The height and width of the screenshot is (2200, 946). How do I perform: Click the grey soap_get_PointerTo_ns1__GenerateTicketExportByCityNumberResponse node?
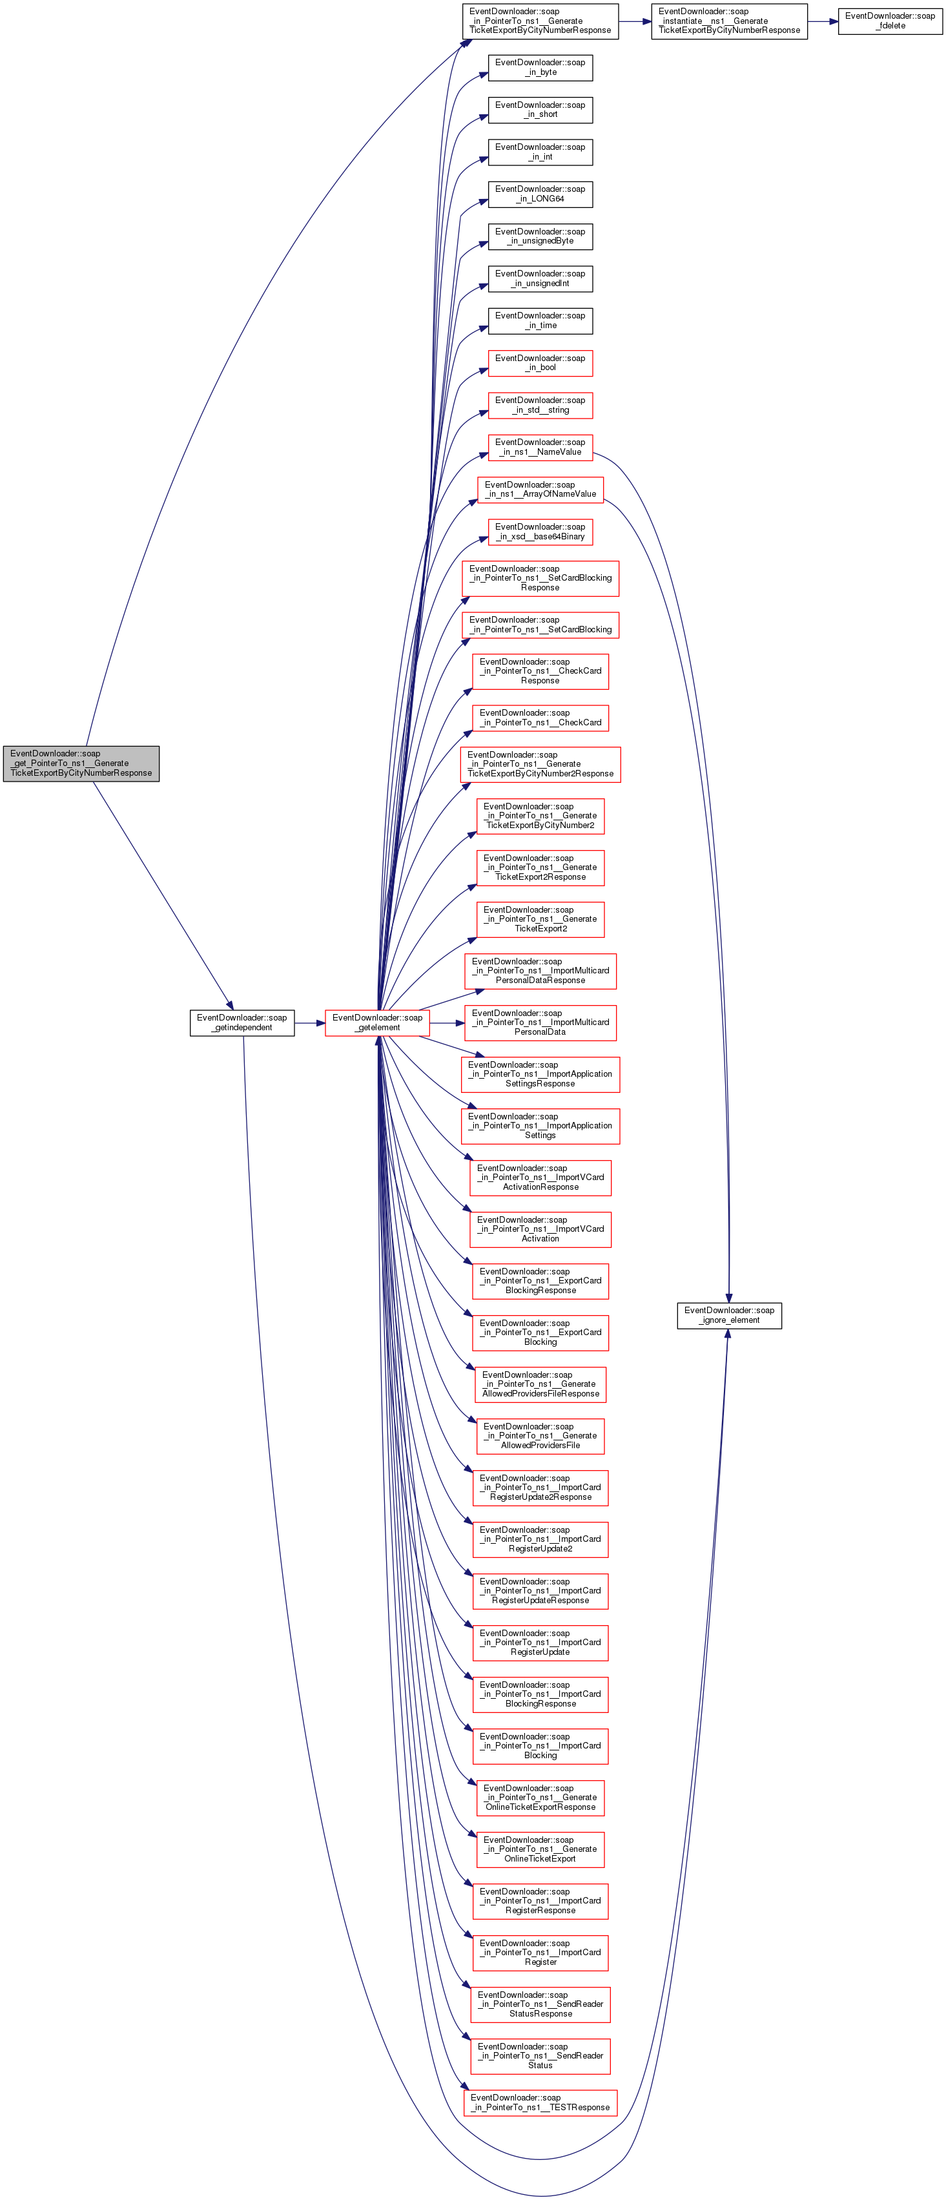coord(81,763)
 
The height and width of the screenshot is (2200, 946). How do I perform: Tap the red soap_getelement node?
coord(377,1022)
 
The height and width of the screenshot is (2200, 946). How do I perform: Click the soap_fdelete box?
coord(890,21)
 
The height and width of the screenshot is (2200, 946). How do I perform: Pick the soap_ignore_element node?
coord(729,1315)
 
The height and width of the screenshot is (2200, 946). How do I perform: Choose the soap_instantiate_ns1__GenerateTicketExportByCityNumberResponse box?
coord(729,21)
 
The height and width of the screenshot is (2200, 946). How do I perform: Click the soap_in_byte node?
coord(540,67)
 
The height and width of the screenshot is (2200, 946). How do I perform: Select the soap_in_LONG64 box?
coord(540,194)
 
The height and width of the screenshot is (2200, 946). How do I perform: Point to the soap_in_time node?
coord(540,320)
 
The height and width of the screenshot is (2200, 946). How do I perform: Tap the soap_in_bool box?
coord(540,363)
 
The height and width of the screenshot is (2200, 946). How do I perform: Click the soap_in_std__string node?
coord(540,405)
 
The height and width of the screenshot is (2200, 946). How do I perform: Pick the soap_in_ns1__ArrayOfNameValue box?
coord(540,490)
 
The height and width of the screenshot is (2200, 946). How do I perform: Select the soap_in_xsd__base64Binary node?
coord(540,531)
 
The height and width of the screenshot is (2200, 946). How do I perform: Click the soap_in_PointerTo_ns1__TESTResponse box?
coord(540,2102)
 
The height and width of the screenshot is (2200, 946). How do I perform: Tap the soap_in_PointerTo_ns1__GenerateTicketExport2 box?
coord(540,919)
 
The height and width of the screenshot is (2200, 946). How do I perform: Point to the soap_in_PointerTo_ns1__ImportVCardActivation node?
coord(540,1229)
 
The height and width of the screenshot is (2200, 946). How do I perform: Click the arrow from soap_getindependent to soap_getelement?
coord(310,1022)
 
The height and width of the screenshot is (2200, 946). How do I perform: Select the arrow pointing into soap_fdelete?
coord(822,21)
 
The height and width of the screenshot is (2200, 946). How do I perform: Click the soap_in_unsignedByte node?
coord(540,236)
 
